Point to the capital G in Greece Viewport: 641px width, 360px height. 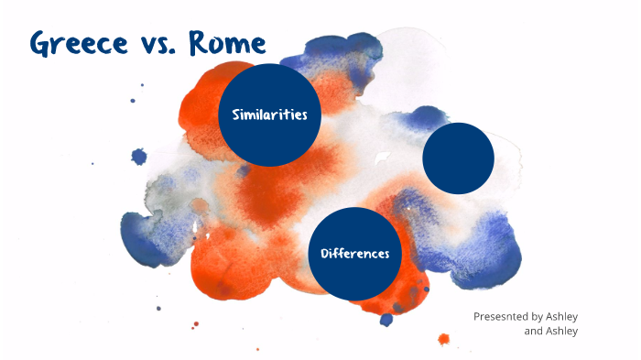(41, 43)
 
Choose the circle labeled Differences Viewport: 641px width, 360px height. (355, 254)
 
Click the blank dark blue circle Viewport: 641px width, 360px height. (458, 158)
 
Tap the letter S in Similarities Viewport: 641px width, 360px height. (237, 115)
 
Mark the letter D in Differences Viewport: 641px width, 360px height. (324, 253)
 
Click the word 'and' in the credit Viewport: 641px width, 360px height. (533, 331)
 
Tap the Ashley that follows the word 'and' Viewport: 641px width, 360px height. (562, 331)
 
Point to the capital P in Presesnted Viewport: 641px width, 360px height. (477, 316)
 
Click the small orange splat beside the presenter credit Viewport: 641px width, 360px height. (444, 339)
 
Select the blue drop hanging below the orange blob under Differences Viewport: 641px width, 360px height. (386, 320)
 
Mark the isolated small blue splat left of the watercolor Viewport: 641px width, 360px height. (139, 157)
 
